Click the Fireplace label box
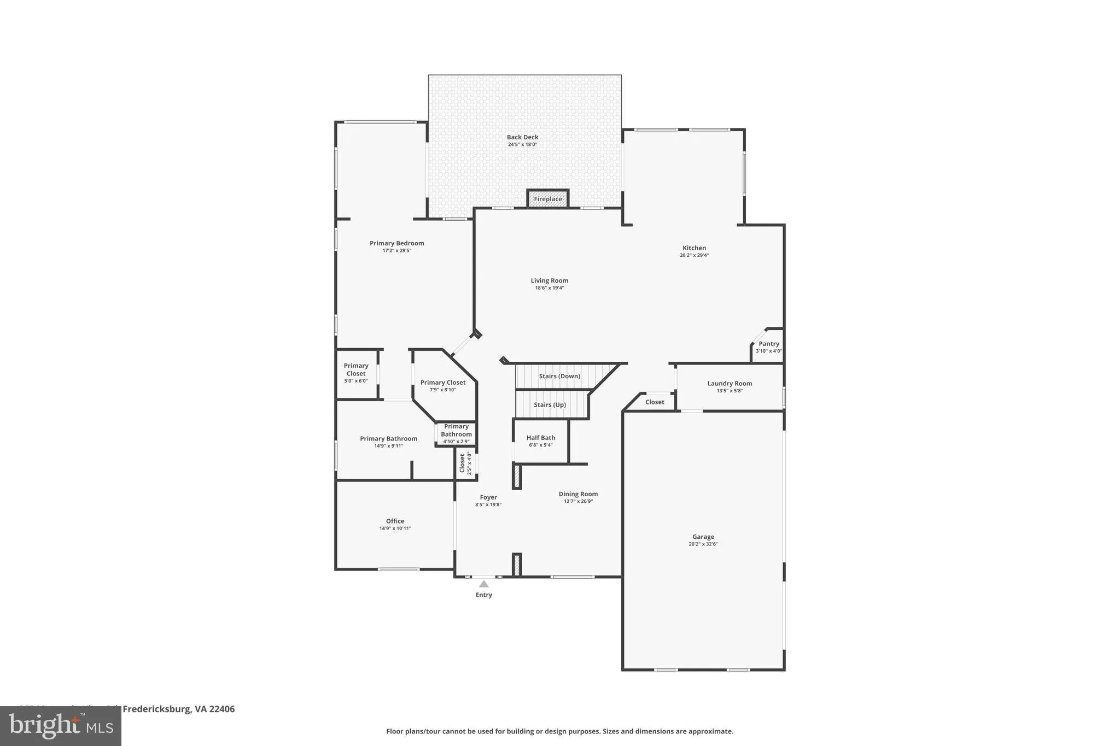click(x=547, y=199)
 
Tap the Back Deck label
click(x=522, y=138)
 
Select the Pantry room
click(x=768, y=346)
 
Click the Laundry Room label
click(x=730, y=384)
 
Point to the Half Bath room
click(x=540, y=440)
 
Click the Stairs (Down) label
click(x=559, y=376)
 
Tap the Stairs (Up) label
click(x=550, y=405)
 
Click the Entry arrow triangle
click(x=483, y=584)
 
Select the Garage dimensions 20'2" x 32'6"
click(x=703, y=544)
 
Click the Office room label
click(x=395, y=521)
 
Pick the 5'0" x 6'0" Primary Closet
click(x=356, y=373)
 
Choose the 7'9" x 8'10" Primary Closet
click(x=443, y=385)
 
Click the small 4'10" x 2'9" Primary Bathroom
click(x=456, y=433)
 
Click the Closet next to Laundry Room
click(x=654, y=402)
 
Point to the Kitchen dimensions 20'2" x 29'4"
click(x=694, y=255)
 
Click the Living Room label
click(x=549, y=281)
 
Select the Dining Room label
click(x=578, y=494)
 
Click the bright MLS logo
click(x=60, y=726)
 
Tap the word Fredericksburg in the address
click(x=156, y=709)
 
